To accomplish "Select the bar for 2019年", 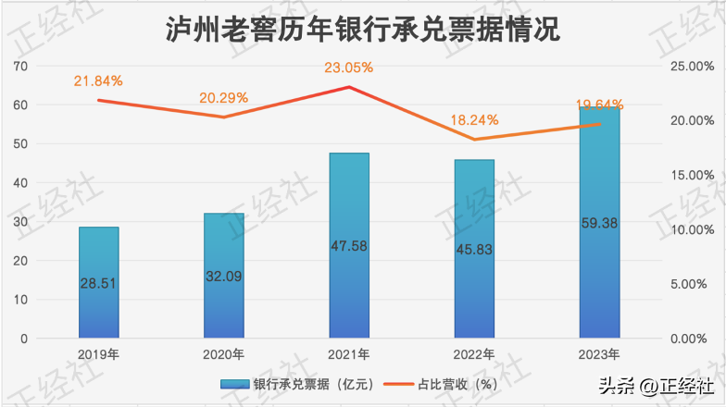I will pyautogui.click(x=98, y=282).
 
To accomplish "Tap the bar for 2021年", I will pyautogui.click(x=348, y=245).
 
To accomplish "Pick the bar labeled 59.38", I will pyautogui.click(x=599, y=222).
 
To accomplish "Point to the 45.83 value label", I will pyautogui.click(x=474, y=250).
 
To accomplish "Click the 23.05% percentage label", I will pyautogui.click(x=348, y=68).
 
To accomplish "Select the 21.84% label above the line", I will pyautogui.click(x=98, y=81).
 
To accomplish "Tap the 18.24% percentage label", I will pyautogui.click(x=473, y=119).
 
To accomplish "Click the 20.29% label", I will pyautogui.click(x=223, y=98).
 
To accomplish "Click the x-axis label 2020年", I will pyautogui.click(x=223, y=354).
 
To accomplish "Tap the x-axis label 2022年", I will pyautogui.click(x=473, y=354).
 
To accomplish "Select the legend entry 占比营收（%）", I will pyautogui.click(x=444, y=384).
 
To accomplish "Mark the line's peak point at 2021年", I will pyautogui.click(x=348, y=87).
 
